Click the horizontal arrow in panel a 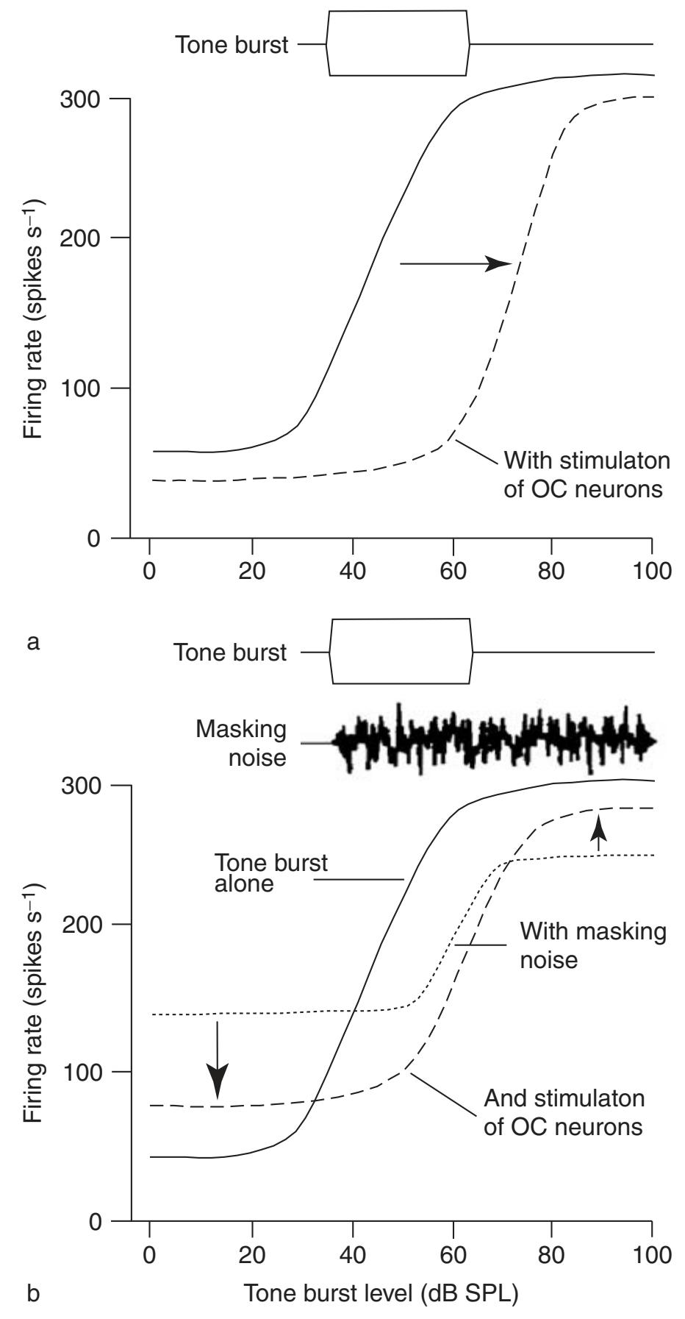[x=456, y=263]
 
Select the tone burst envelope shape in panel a [x=398, y=43]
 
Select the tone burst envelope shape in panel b [x=401, y=652]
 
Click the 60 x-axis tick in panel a [x=454, y=572]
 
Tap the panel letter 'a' [x=32, y=641]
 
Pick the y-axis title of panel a [x=33, y=318]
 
